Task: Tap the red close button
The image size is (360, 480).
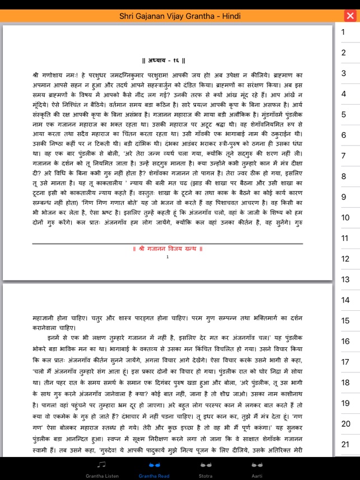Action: click(x=350, y=16)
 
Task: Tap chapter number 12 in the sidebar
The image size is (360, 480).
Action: click(x=345, y=259)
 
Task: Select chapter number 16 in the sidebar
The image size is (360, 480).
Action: click(x=345, y=341)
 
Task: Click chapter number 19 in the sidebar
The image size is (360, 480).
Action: click(x=345, y=403)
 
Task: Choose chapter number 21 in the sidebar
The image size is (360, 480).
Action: click(x=345, y=444)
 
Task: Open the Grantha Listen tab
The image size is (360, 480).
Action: click(x=101, y=470)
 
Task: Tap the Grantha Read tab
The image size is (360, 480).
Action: click(x=155, y=470)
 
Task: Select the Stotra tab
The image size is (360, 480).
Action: click(x=205, y=470)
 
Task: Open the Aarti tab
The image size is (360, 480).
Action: click(x=257, y=470)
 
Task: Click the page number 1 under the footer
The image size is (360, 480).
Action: click(x=167, y=257)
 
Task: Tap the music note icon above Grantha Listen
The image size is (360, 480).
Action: click(x=101, y=464)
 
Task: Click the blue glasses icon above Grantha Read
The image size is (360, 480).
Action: click(x=155, y=464)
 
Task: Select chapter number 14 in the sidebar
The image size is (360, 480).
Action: click(x=345, y=300)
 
